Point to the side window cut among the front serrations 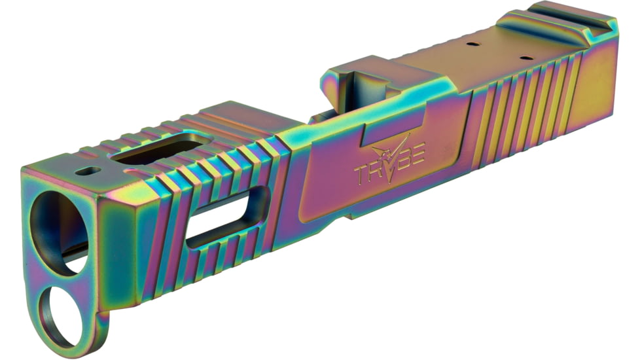click(226, 217)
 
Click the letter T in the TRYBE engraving click(362, 174)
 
